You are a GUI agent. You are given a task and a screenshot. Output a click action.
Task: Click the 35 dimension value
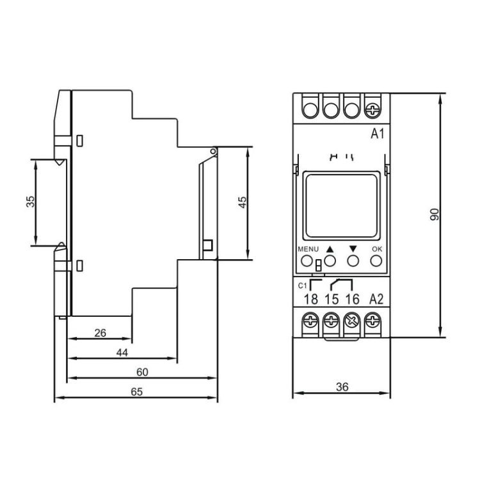[x=30, y=202]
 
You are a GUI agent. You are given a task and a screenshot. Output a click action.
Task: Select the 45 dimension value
[x=242, y=203]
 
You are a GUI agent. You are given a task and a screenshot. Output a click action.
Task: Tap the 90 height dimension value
[x=435, y=214]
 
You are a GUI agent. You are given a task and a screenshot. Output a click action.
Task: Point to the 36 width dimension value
[x=342, y=387]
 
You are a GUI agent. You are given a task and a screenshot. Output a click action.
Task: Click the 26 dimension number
[x=100, y=333]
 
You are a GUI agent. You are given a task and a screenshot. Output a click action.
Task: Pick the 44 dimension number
[x=122, y=353]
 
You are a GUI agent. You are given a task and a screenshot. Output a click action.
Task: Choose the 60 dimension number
[x=142, y=372]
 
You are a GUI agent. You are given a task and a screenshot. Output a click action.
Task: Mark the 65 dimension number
[x=136, y=392]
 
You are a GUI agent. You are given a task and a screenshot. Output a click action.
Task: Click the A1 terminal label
[x=377, y=134]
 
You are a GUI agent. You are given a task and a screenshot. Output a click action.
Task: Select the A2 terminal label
[x=376, y=299]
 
